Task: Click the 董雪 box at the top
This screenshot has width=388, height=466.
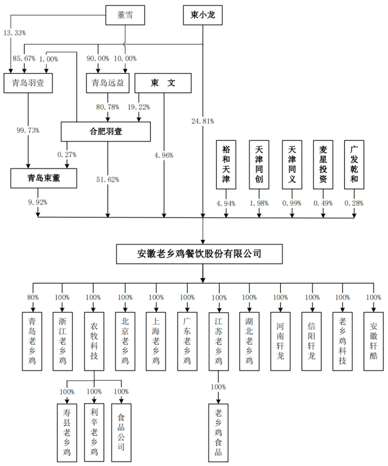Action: (x=125, y=15)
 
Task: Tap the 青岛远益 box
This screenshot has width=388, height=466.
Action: (x=107, y=83)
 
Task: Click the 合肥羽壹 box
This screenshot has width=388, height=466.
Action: (x=106, y=132)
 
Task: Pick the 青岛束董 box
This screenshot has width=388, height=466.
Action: (x=44, y=178)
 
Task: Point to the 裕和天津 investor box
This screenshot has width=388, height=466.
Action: (x=226, y=164)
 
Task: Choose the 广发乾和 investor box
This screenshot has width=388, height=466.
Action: (x=354, y=164)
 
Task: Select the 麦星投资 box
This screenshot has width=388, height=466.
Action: (x=323, y=164)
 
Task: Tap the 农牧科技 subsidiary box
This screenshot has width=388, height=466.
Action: (x=94, y=341)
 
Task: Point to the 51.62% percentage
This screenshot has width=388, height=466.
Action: (x=108, y=179)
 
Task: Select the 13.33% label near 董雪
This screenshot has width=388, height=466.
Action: (x=14, y=33)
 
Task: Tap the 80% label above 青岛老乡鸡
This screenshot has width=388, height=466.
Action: (x=33, y=297)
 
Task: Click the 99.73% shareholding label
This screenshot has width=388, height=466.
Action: (x=28, y=130)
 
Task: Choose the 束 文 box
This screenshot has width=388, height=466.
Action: (x=163, y=83)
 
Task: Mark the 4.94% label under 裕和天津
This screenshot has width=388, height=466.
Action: (x=226, y=203)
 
